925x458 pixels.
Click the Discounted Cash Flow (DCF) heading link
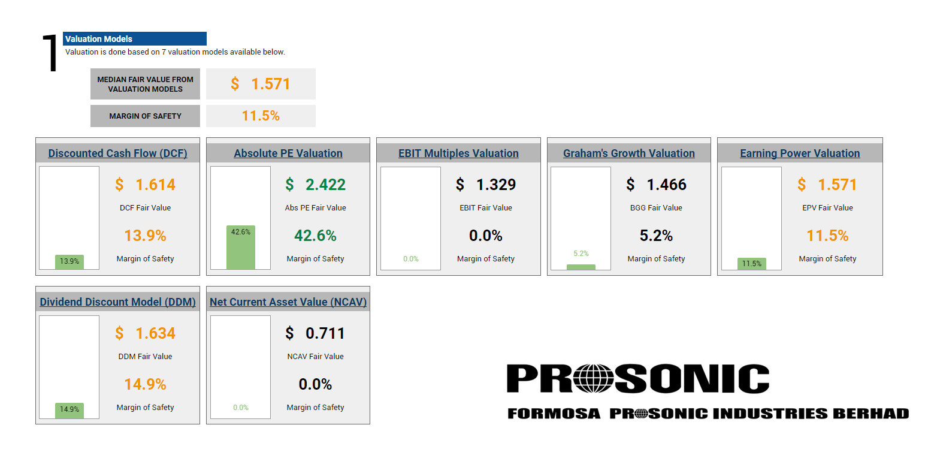117,153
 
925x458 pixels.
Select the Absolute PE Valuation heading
288,153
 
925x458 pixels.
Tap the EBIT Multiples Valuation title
458,153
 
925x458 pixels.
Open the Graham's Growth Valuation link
629,153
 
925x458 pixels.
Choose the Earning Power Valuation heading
800,153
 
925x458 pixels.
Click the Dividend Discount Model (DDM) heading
117,302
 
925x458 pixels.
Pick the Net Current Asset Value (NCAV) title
288,302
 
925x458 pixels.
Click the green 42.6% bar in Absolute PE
241,247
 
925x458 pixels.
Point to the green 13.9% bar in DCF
69,262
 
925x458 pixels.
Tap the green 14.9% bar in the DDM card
69,411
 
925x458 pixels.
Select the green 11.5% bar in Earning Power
751,264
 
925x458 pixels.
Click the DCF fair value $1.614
145,185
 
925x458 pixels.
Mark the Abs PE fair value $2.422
315,185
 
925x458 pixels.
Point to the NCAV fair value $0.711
315,333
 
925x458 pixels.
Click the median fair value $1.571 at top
261,84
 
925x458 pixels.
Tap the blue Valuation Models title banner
135,39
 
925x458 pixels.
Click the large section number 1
50,53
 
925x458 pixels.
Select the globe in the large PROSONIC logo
594,378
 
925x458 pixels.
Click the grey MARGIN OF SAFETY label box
146,116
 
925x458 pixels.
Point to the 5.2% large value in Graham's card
656,236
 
